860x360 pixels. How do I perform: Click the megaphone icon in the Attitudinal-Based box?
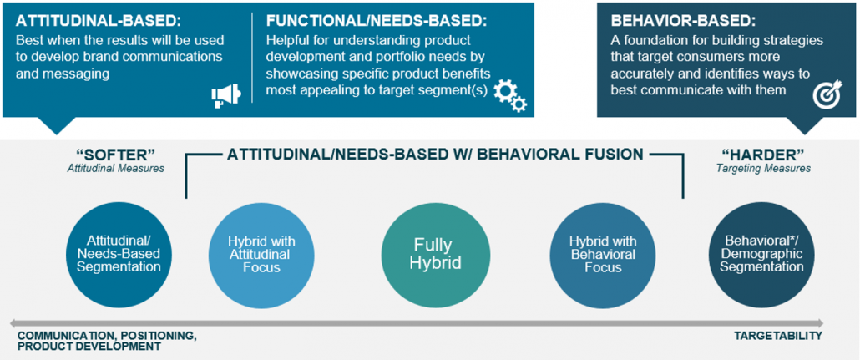click(226, 94)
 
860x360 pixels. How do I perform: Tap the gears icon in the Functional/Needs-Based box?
click(510, 95)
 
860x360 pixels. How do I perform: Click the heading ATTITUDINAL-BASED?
click(99, 21)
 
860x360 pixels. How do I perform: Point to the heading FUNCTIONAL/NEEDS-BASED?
click(377, 21)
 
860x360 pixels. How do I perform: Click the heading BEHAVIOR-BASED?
click(682, 21)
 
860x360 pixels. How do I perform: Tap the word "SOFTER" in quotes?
click(116, 155)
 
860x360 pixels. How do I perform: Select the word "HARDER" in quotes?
click(763, 155)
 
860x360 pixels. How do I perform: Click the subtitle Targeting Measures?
click(763, 169)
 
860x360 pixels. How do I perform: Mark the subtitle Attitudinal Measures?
click(116, 169)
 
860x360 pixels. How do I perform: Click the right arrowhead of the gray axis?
click(819, 322)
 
